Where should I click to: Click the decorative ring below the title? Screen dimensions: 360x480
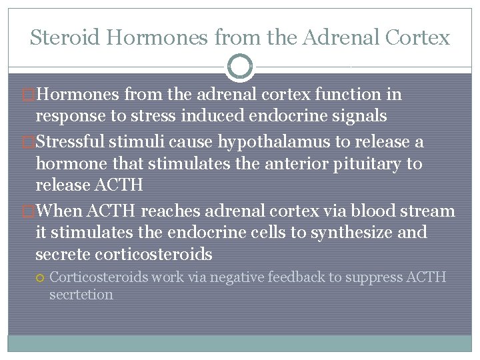tap(240, 66)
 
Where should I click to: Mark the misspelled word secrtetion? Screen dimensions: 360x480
tap(81, 294)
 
